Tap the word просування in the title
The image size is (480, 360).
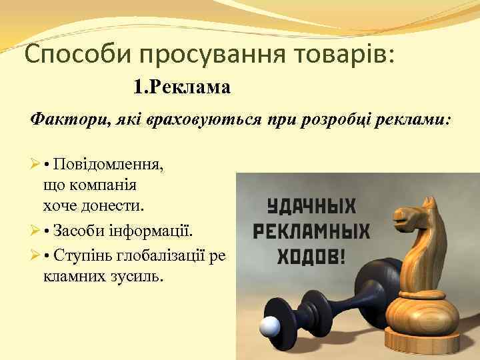tap(192, 54)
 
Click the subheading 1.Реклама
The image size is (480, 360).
tap(182, 87)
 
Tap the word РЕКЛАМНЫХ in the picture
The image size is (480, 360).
tap(312, 231)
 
